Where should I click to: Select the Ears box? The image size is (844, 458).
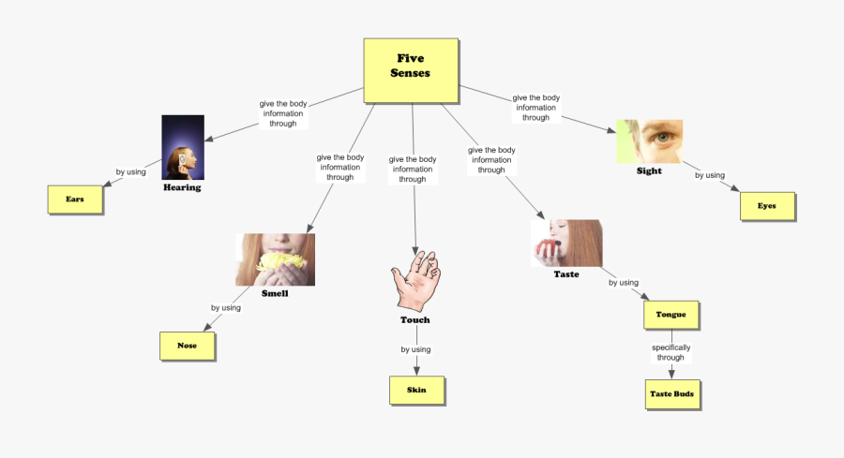click(75, 199)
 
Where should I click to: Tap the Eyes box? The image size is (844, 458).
click(767, 206)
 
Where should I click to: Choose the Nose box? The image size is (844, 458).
click(188, 346)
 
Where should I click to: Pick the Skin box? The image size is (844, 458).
click(416, 390)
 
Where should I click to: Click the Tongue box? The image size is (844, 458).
click(671, 315)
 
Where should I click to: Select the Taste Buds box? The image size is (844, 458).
click(671, 394)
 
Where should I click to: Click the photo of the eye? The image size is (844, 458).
click(650, 140)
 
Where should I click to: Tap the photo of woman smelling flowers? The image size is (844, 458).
click(275, 259)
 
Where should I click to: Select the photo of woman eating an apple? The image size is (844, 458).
click(566, 244)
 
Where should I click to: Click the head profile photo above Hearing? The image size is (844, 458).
click(183, 147)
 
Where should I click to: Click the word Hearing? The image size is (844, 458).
click(182, 187)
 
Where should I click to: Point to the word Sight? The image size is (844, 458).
click(649, 171)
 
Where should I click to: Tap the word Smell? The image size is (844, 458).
click(275, 293)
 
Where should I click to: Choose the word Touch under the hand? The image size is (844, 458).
click(415, 320)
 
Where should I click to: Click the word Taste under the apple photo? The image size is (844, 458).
click(566, 274)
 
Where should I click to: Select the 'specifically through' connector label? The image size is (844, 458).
click(671, 352)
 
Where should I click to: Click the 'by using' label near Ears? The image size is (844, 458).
click(130, 172)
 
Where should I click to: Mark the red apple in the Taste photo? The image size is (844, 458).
click(547, 248)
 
